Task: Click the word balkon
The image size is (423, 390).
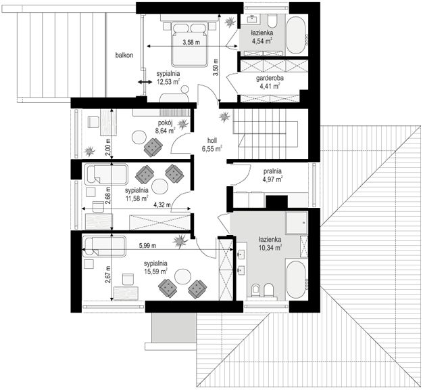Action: [124, 55]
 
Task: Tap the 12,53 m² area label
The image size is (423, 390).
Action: [168, 81]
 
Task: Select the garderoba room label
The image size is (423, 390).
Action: [270, 79]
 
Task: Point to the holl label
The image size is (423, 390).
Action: [212, 140]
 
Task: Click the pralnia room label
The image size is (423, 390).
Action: [272, 171]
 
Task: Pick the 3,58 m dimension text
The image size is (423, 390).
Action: [191, 42]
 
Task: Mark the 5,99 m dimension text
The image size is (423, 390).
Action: [147, 245]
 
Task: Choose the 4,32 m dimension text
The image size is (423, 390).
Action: [162, 204]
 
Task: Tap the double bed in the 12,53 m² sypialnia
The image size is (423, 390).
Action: [190, 44]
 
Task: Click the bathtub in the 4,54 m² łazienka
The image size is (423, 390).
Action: [296, 35]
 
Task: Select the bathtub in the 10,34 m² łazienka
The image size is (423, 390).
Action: [296, 280]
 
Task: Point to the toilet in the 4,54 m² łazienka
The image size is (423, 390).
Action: [272, 21]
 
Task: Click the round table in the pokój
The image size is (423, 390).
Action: [139, 137]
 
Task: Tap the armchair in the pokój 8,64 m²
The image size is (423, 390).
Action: [153, 148]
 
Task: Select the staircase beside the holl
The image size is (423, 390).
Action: [266, 134]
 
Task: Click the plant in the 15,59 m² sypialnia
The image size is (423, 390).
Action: [180, 240]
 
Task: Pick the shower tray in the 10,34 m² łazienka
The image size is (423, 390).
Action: [297, 223]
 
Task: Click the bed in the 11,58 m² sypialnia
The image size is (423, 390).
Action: [106, 174]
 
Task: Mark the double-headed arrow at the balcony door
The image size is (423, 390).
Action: [145, 82]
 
